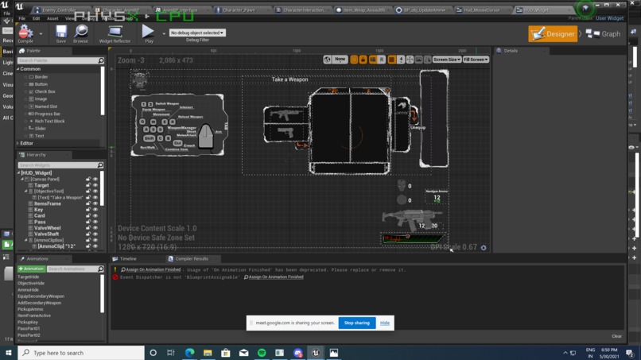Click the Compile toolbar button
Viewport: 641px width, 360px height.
25,34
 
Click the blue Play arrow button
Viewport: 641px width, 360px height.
148,33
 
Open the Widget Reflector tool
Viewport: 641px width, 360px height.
115,34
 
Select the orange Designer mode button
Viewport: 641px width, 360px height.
553,34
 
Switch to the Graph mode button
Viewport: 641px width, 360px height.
604,34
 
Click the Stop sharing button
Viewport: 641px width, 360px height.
356,323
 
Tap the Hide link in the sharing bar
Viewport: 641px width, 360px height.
385,323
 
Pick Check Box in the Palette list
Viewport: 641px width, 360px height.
45,91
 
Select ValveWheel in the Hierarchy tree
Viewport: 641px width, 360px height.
47,228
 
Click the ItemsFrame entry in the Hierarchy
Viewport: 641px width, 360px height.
48,203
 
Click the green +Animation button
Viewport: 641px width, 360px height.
31,269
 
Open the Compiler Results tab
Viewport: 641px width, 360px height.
191,258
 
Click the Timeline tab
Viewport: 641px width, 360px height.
127,258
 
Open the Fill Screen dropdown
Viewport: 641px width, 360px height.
476,60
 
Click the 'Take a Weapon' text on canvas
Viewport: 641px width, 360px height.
289,79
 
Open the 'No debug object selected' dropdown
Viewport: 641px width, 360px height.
196,33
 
